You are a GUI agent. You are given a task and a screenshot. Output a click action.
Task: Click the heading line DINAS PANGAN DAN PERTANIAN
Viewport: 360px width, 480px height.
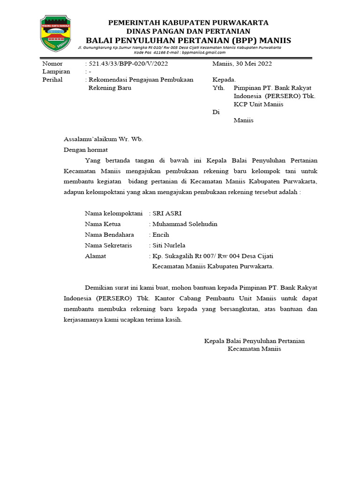coord(188,31)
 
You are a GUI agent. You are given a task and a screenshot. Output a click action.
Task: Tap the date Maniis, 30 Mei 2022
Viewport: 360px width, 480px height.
coord(242,64)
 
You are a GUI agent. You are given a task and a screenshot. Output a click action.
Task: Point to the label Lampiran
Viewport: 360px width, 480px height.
coord(56,72)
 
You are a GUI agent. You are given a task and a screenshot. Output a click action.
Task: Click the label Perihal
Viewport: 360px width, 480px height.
coord(52,80)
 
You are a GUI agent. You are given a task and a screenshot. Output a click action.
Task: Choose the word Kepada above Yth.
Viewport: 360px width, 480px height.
coord(224,80)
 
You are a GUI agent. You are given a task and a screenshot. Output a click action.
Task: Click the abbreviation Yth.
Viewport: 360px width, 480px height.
coord(218,88)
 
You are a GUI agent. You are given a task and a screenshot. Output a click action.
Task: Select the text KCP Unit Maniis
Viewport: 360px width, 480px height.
coord(258,104)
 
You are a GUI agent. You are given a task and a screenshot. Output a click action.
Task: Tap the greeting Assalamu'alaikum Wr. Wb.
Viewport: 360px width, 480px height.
coord(103,139)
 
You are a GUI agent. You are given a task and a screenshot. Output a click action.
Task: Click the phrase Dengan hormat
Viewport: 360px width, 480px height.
coord(86,150)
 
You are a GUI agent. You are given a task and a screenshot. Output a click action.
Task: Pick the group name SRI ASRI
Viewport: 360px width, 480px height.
coord(164,213)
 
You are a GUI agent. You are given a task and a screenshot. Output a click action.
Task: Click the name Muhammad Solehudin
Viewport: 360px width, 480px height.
coord(185,224)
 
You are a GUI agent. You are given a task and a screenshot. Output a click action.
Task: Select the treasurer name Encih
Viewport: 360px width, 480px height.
coord(161,235)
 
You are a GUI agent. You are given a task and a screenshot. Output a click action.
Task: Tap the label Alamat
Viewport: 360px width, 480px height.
coord(95,256)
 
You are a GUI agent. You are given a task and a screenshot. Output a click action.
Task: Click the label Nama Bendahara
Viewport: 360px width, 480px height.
coord(109,235)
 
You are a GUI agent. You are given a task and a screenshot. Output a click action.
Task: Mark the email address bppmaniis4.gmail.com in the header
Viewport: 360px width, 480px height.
coord(205,52)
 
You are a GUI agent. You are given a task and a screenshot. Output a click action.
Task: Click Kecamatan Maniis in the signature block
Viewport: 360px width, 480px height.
coord(254,349)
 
